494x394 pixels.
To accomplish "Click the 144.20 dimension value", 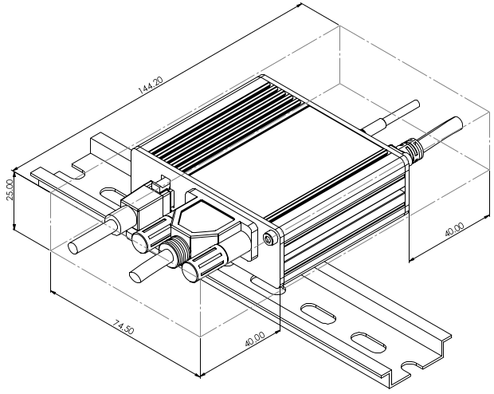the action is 151,85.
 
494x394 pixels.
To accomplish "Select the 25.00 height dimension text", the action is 10,190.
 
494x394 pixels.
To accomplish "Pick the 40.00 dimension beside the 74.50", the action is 255,339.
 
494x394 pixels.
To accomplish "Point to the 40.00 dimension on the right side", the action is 455,230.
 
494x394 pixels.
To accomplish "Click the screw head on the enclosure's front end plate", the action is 269,239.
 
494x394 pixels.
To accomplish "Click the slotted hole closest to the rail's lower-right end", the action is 368,343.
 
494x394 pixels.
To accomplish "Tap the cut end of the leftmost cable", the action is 75,249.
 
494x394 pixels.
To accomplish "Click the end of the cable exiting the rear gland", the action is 457,121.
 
